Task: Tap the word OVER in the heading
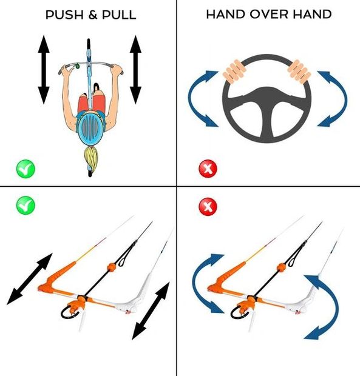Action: pyautogui.click(x=269, y=14)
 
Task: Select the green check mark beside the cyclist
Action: pyautogui.click(x=25, y=169)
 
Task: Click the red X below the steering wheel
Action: pyautogui.click(x=208, y=169)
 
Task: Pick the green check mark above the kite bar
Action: pyautogui.click(x=25, y=205)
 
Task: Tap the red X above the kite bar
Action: pyautogui.click(x=208, y=207)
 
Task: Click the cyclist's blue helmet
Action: pyautogui.click(x=90, y=129)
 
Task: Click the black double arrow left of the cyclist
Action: pyautogui.click(x=44, y=70)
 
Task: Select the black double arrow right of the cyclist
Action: pyautogui.click(x=136, y=70)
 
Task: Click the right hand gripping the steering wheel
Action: pyautogui.click(x=299, y=72)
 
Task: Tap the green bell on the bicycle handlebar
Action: pyautogui.click(x=78, y=66)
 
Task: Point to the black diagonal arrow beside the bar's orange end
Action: pyautogui.click(x=30, y=279)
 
